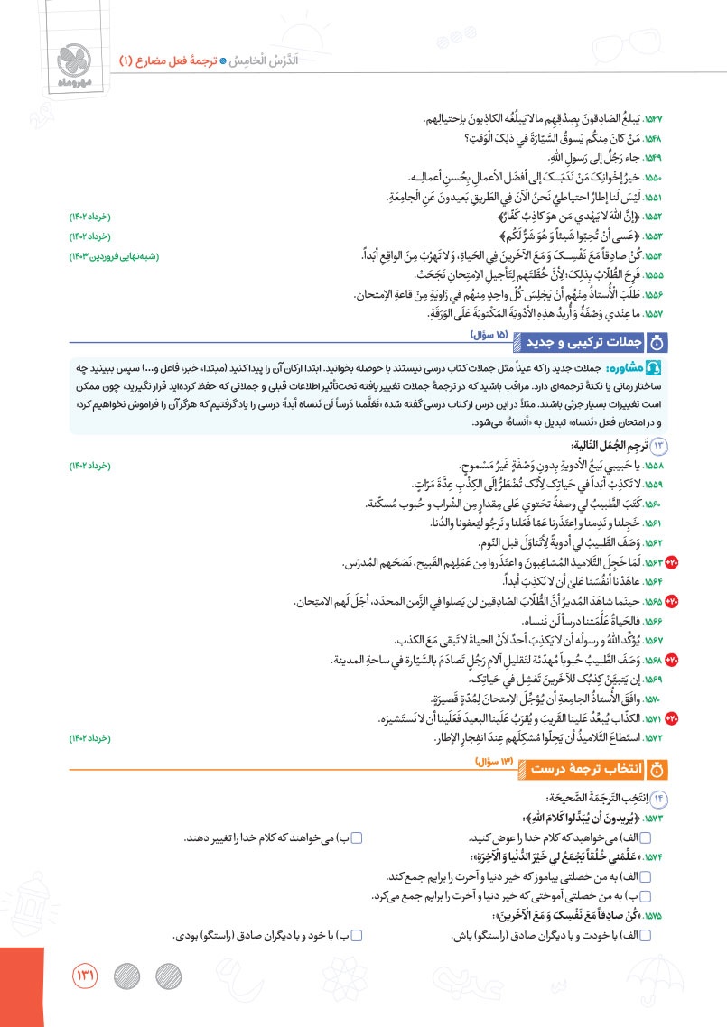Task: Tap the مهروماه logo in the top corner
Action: point(71,59)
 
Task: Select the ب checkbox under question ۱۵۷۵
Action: point(356,937)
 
